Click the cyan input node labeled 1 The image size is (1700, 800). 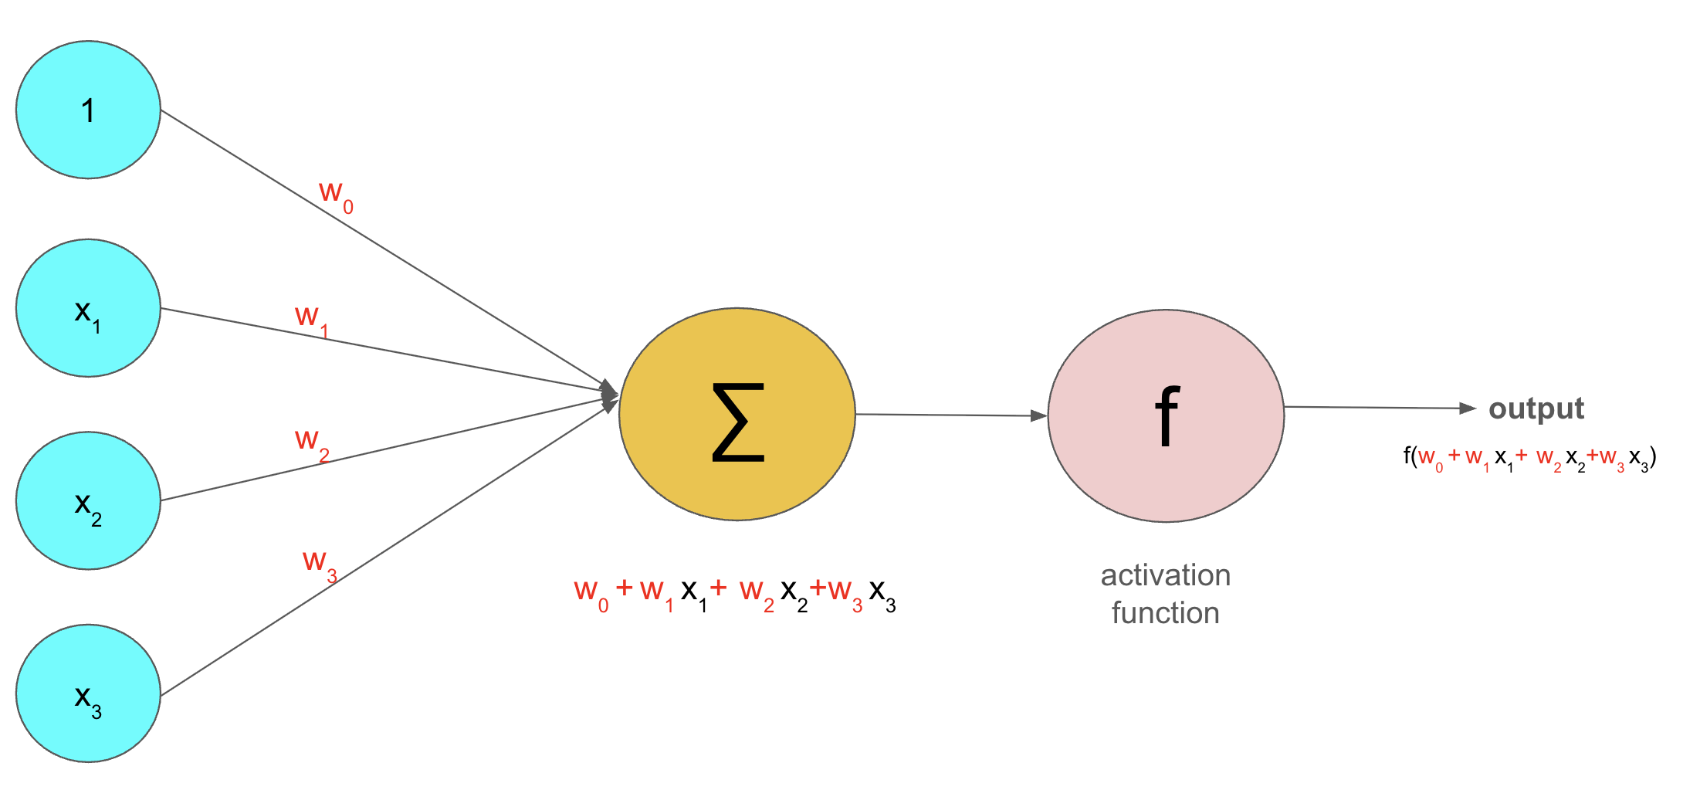(88, 110)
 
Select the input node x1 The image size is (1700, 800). (88, 308)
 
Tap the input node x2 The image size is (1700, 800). (88, 500)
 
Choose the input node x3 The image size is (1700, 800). (88, 693)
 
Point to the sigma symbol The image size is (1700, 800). (737, 422)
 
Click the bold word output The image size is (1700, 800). (1536, 408)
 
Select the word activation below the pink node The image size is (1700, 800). (1165, 575)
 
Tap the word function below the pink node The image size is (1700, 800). (1165, 613)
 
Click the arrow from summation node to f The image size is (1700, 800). (950, 415)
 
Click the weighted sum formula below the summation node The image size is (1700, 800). (734, 593)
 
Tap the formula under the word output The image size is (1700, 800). (1529, 458)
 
